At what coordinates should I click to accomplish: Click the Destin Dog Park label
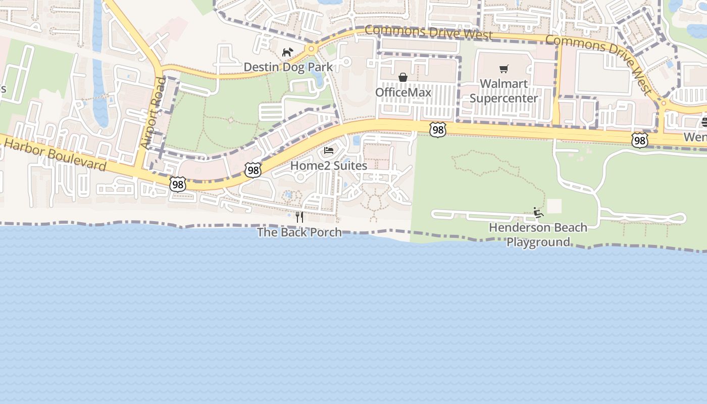click(x=288, y=67)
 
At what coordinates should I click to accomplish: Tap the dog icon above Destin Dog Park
click(x=287, y=52)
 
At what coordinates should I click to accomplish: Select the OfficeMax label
click(x=403, y=92)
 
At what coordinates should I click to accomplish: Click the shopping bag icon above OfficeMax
click(x=403, y=77)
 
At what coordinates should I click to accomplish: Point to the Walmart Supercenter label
click(x=503, y=91)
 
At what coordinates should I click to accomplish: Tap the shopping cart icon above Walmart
click(x=503, y=69)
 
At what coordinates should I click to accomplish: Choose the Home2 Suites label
click(x=329, y=166)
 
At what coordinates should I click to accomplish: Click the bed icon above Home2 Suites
click(x=329, y=150)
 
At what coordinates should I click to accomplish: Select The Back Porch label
click(x=299, y=232)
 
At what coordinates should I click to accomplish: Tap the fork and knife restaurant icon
click(x=299, y=217)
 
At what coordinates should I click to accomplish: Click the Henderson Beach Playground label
click(x=538, y=235)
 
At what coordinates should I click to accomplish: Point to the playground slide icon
click(x=538, y=213)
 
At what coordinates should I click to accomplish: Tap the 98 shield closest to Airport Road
click(x=177, y=185)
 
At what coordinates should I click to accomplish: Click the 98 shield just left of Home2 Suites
click(x=253, y=170)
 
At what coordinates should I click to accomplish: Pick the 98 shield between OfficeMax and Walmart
click(x=438, y=130)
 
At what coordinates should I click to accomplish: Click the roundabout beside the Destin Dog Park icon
click(x=311, y=49)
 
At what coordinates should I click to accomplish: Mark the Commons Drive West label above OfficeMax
click(x=428, y=33)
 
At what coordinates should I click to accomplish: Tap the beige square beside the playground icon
click(x=554, y=206)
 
